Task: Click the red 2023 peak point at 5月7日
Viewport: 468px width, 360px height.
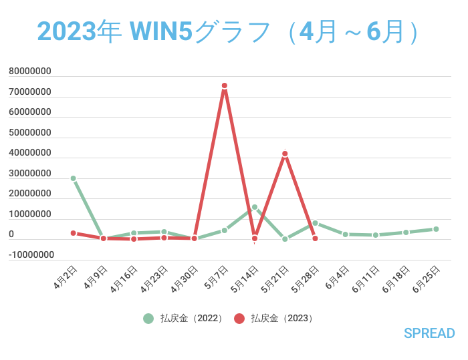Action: coord(225,85)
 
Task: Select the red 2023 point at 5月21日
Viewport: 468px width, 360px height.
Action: coord(285,154)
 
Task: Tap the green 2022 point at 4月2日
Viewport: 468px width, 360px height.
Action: coord(73,178)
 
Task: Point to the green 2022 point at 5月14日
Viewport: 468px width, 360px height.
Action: coord(255,207)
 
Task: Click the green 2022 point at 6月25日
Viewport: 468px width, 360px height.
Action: coord(436,229)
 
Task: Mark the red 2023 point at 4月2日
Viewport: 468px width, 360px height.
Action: coord(73,233)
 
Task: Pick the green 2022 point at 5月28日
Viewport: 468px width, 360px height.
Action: coord(315,223)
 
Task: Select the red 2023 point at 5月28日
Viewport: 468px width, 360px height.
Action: coord(315,238)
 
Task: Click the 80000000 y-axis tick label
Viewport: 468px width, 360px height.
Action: coord(30,71)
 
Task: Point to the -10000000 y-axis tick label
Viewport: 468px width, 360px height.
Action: coord(30,254)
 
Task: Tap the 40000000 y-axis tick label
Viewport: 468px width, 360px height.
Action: coord(30,152)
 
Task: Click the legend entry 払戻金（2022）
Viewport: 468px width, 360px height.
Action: coord(191,319)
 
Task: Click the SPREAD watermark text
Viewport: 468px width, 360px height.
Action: coord(429,333)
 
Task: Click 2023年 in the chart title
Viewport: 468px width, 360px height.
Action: coord(78,31)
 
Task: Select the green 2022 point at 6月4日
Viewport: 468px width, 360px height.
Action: coord(345,234)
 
